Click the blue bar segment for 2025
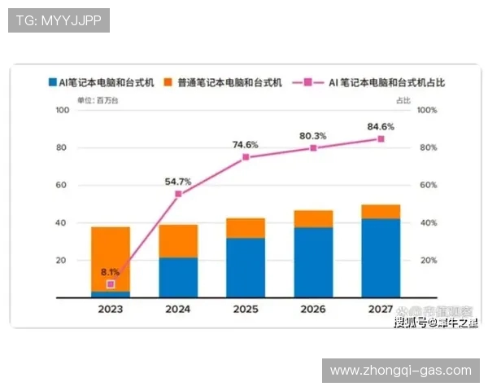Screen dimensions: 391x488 click(x=246, y=266)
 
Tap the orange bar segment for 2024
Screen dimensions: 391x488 click(x=178, y=241)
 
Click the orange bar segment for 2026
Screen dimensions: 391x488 click(x=313, y=218)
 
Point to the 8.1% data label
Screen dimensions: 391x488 click(x=111, y=272)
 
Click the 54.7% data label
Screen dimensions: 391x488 click(x=177, y=182)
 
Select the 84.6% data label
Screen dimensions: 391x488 click(x=381, y=126)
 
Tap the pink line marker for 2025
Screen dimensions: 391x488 click(x=246, y=157)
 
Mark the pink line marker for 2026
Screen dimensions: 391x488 click(x=313, y=148)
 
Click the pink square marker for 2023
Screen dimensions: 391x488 click(x=111, y=284)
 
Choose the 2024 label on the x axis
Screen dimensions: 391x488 click(x=178, y=310)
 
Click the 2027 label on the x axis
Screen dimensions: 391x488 click(x=381, y=310)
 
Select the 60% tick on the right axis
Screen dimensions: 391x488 click(x=429, y=185)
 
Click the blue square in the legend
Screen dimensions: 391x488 click(x=51, y=82)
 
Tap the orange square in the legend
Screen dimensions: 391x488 click(x=169, y=82)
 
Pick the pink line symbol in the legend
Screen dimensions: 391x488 click(x=309, y=82)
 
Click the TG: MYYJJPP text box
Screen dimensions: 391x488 click(x=59, y=20)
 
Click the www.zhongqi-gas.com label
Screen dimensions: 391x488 click(x=401, y=370)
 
